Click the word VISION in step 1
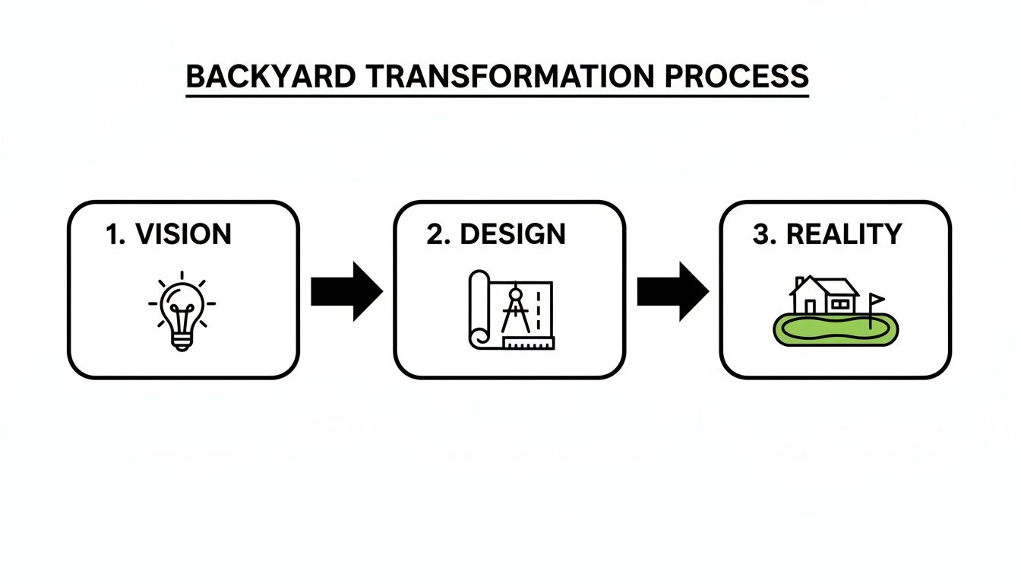pos(183,234)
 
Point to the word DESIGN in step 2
pos(513,234)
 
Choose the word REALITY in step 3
pos(844,234)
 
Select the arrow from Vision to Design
pos(346,291)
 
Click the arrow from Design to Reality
pos(672,291)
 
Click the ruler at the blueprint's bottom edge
pos(528,343)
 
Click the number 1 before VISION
pos(113,234)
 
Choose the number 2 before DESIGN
pos(435,234)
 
